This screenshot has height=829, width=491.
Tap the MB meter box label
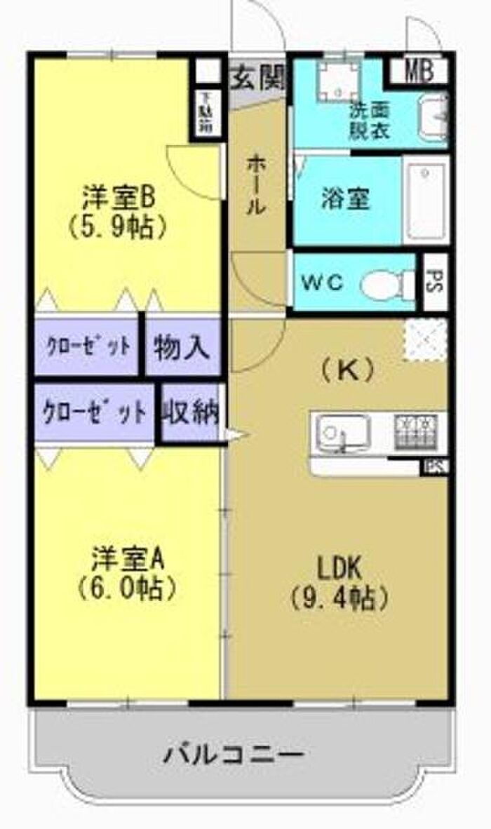pos(418,71)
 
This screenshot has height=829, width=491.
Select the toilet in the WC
pos(386,284)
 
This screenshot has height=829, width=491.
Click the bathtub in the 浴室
pos(426,199)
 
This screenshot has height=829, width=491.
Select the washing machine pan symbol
pos(336,83)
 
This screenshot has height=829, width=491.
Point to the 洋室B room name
pos(117,197)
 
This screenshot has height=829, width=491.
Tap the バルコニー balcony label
pos(234,755)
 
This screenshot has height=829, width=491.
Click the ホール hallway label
pos(256,184)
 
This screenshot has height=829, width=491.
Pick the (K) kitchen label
pos(347,370)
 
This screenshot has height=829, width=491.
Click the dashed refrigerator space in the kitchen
pos(425,339)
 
